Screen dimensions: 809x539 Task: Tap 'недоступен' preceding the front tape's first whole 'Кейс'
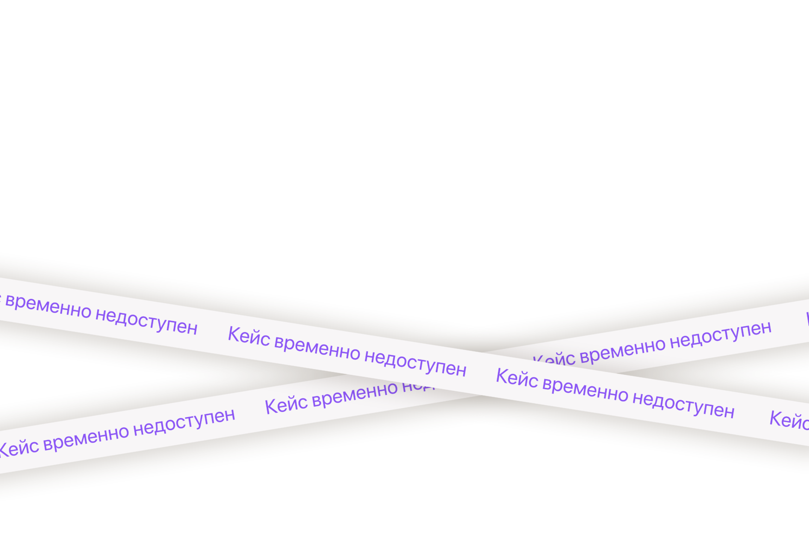click(x=146, y=322)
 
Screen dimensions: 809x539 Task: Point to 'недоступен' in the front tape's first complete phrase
click(x=415, y=364)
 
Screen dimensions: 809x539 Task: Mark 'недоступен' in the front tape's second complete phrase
click(x=683, y=406)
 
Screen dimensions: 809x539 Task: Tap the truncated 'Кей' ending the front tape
click(x=790, y=420)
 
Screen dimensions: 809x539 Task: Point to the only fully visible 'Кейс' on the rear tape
click(x=286, y=405)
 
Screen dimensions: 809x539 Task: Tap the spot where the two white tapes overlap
click(x=482, y=375)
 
